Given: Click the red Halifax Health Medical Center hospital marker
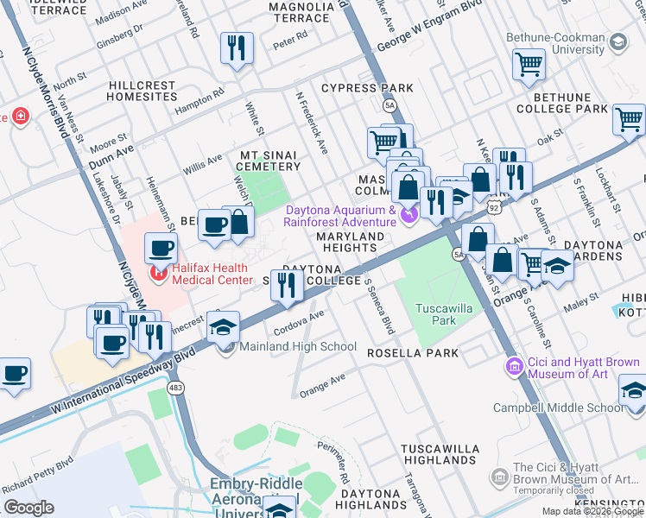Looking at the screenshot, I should coord(158,274).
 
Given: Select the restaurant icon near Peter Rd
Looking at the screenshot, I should coord(235,49).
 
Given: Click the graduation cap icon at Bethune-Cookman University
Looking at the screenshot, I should coord(617,41).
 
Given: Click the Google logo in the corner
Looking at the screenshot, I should coord(28,508).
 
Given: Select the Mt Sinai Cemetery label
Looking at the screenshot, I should coord(269,160).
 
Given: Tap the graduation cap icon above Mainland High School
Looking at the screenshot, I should coord(223,327).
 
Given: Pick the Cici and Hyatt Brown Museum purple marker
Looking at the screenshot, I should coord(515,367).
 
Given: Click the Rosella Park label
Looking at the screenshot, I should coord(405,353).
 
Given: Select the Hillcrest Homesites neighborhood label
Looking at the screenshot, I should coord(143,92).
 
